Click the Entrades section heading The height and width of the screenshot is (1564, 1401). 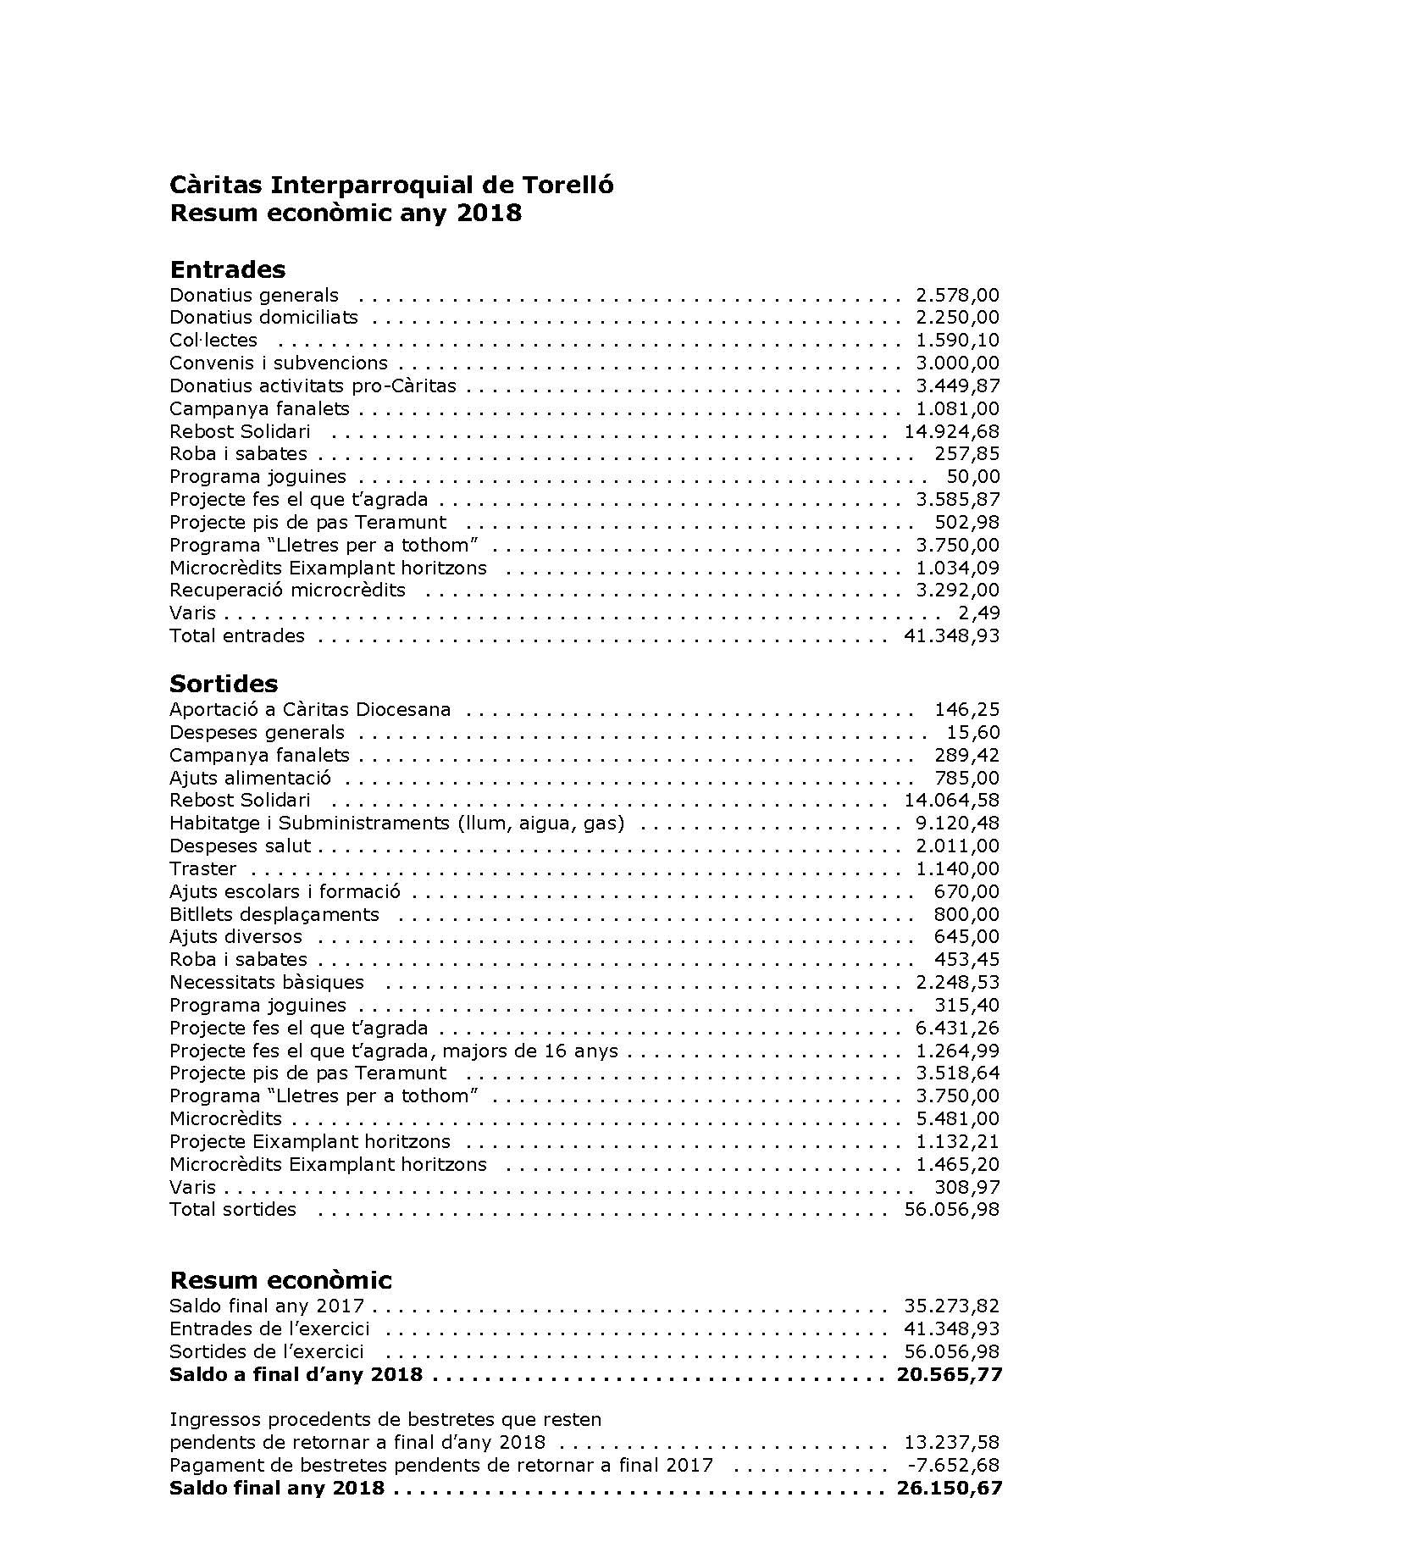227,269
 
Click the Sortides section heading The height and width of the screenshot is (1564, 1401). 224,684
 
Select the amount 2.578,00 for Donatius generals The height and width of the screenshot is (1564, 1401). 957,295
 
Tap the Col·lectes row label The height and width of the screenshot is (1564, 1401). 213,340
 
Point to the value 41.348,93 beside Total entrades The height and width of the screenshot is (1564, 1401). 951,635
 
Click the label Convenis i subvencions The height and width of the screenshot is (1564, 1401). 279,363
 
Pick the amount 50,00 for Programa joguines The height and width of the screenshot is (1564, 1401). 972,476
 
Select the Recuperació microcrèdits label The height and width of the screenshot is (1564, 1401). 287,590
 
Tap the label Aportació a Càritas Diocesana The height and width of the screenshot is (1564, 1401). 310,709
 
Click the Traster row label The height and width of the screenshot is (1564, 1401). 202,868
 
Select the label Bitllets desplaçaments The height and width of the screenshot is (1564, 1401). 274,914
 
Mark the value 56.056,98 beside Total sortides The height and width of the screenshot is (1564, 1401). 951,1209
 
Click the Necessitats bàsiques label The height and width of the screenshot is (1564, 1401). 267,982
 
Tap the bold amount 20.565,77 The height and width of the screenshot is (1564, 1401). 949,1374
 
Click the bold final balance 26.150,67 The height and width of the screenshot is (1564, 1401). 949,1488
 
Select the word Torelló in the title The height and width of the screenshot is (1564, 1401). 568,185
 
